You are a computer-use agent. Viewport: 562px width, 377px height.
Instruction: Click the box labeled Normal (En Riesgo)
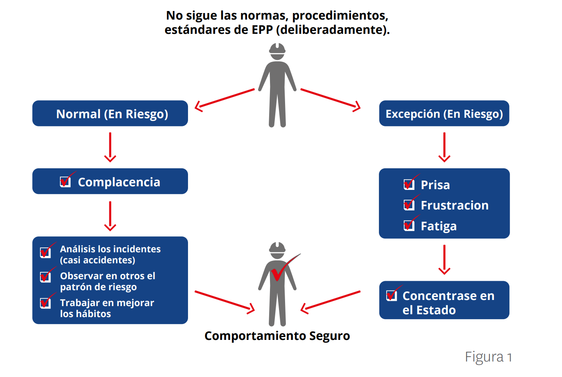pyautogui.click(x=110, y=113)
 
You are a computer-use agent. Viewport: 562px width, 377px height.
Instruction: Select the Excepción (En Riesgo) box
pyautogui.click(x=444, y=113)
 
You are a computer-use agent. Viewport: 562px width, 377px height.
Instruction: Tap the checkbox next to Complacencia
pyautogui.click(x=65, y=182)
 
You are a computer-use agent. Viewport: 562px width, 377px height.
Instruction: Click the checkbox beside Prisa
pyautogui.click(x=409, y=184)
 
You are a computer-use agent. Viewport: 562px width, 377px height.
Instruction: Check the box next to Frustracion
pyautogui.click(x=409, y=205)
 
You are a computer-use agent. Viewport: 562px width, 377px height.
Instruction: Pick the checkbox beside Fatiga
pyautogui.click(x=409, y=225)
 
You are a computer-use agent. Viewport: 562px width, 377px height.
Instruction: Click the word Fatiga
pyautogui.click(x=438, y=226)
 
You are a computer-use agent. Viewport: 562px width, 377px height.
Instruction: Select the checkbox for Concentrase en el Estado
pyautogui.click(x=392, y=295)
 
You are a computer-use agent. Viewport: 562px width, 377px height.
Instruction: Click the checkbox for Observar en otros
pyautogui.click(x=45, y=277)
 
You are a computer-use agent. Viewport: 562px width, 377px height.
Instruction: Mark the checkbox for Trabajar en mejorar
pyautogui.click(x=45, y=303)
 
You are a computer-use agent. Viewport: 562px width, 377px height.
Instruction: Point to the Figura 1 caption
pyautogui.click(x=488, y=357)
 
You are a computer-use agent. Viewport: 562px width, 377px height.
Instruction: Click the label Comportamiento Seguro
pyautogui.click(x=277, y=336)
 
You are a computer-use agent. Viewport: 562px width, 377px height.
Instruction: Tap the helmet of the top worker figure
pyautogui.click(x=277, y=49)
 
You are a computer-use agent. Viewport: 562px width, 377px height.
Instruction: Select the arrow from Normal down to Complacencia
pyautogui.click(x=110, y=147)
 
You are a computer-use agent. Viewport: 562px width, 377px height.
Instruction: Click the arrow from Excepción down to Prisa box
pyautogui.click(x=444, y=147)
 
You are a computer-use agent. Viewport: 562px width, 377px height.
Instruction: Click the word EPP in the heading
pyautogui.click(x=262, y=30)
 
